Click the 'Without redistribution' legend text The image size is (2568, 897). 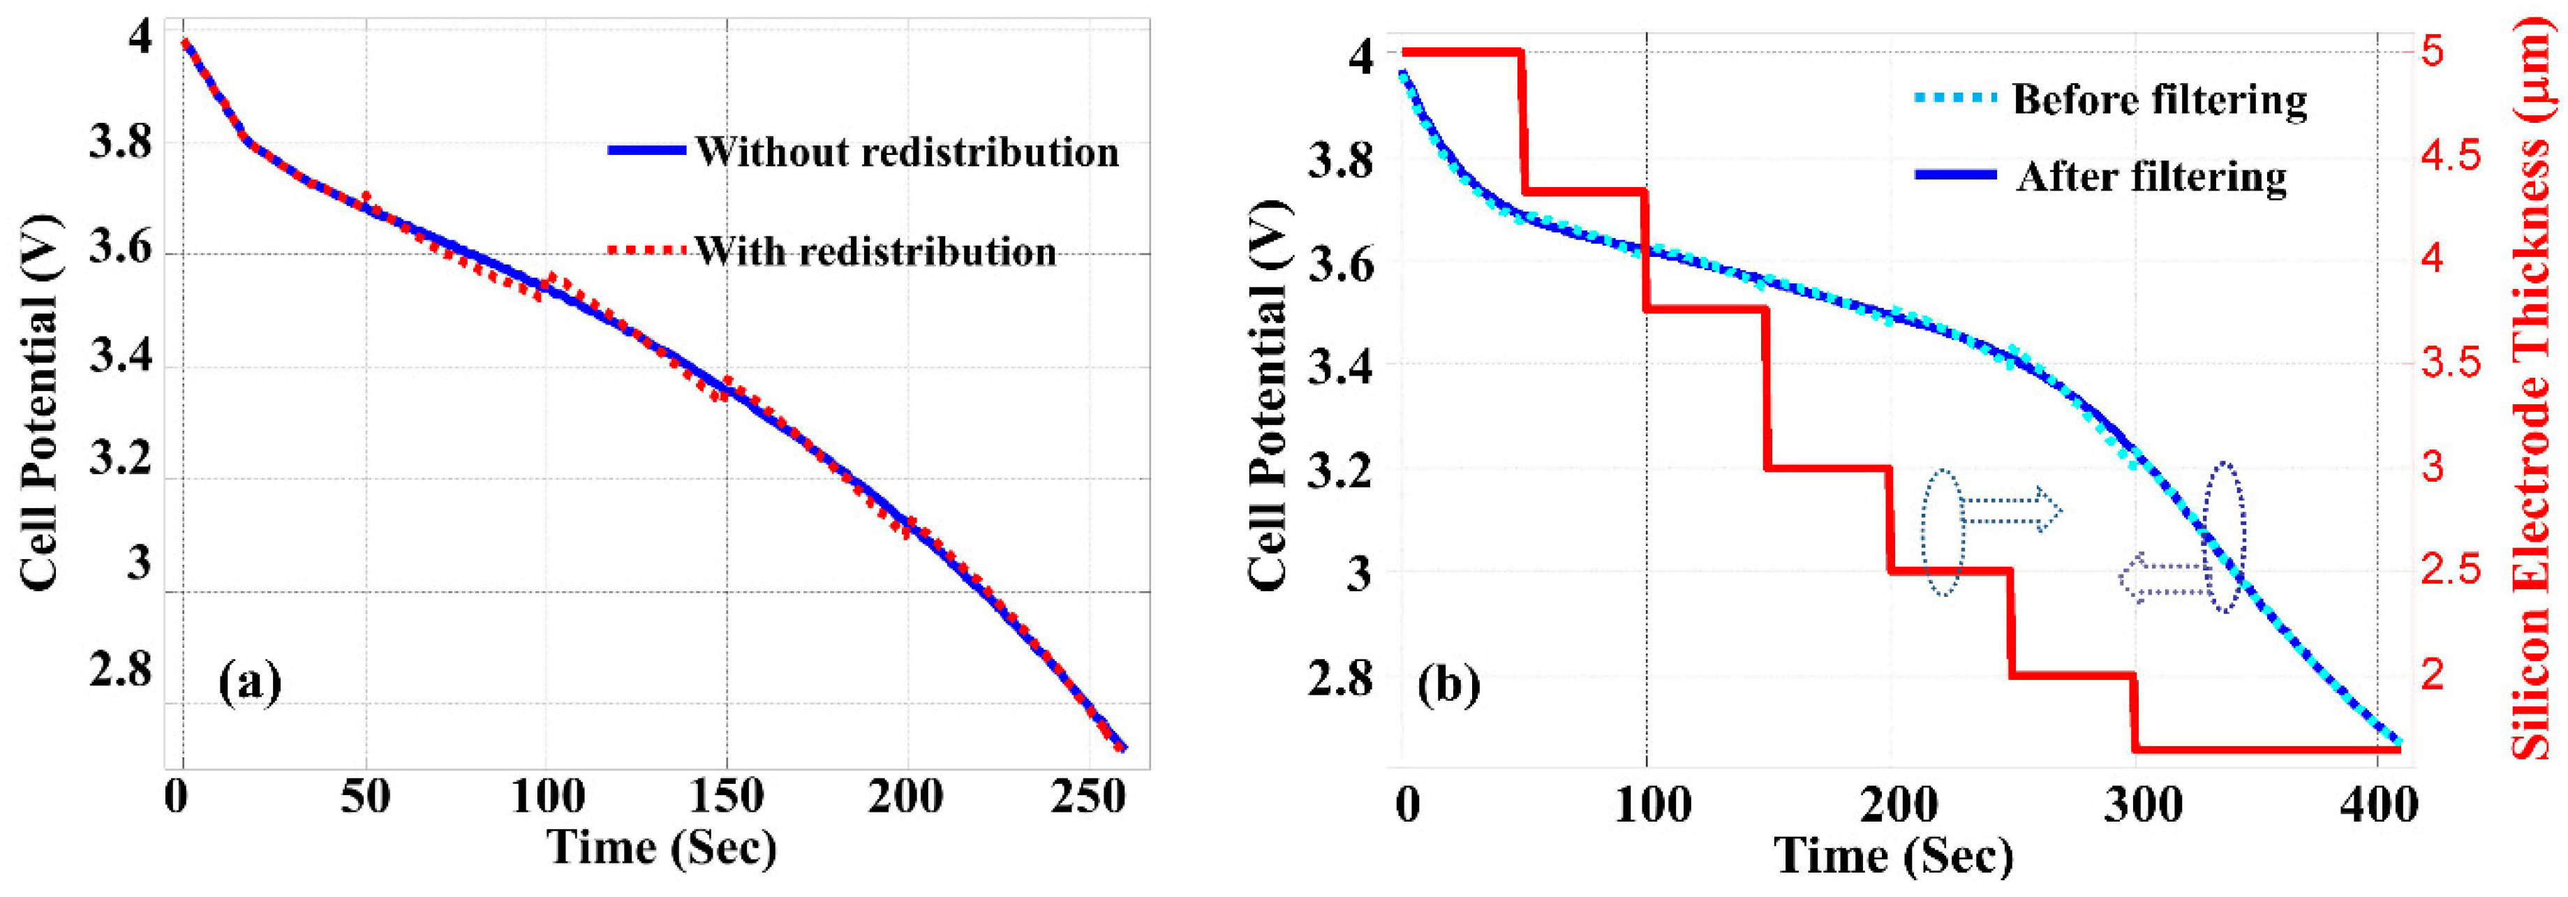point(907,152)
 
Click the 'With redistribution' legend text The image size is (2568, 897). point(875,251)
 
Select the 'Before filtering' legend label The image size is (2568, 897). point(2159,100)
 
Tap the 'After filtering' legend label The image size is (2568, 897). point(2151,177)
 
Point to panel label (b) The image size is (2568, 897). point(1448,685)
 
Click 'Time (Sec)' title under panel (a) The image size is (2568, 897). point(662,848)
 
